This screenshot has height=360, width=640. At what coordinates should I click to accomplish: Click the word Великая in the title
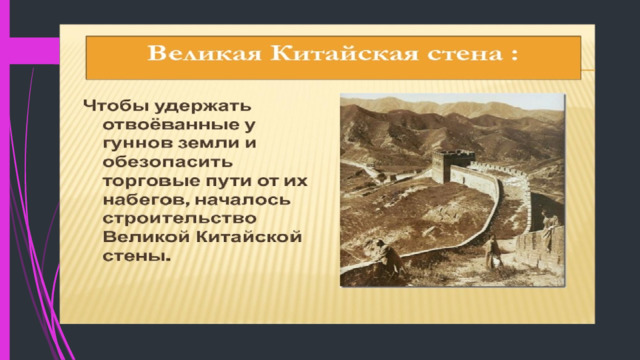204,54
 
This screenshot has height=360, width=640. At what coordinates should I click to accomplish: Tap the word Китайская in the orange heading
344,54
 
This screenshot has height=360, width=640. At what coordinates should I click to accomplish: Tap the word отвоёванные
170,124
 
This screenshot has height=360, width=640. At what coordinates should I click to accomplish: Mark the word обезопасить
168,162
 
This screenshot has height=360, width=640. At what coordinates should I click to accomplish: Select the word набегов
146,200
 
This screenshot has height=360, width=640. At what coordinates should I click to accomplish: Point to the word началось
242,200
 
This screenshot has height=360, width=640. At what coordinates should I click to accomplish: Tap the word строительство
180,218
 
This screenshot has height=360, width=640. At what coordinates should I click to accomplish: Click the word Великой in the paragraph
147,237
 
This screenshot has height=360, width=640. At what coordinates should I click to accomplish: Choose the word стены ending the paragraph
136,256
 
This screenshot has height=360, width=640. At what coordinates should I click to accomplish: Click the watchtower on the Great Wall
451,166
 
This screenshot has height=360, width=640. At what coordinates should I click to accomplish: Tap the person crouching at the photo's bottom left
389,257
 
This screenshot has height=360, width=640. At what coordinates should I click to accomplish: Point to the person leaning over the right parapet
549,227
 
